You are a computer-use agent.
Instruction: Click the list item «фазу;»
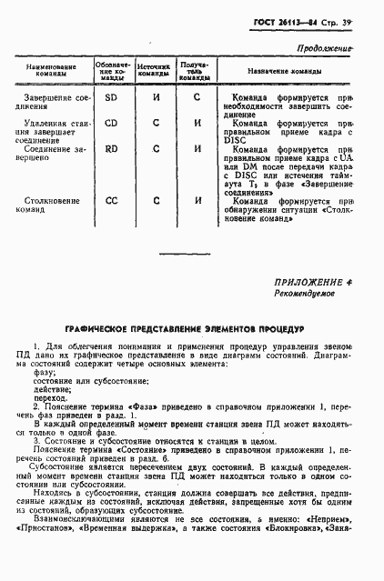coord(45,373)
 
